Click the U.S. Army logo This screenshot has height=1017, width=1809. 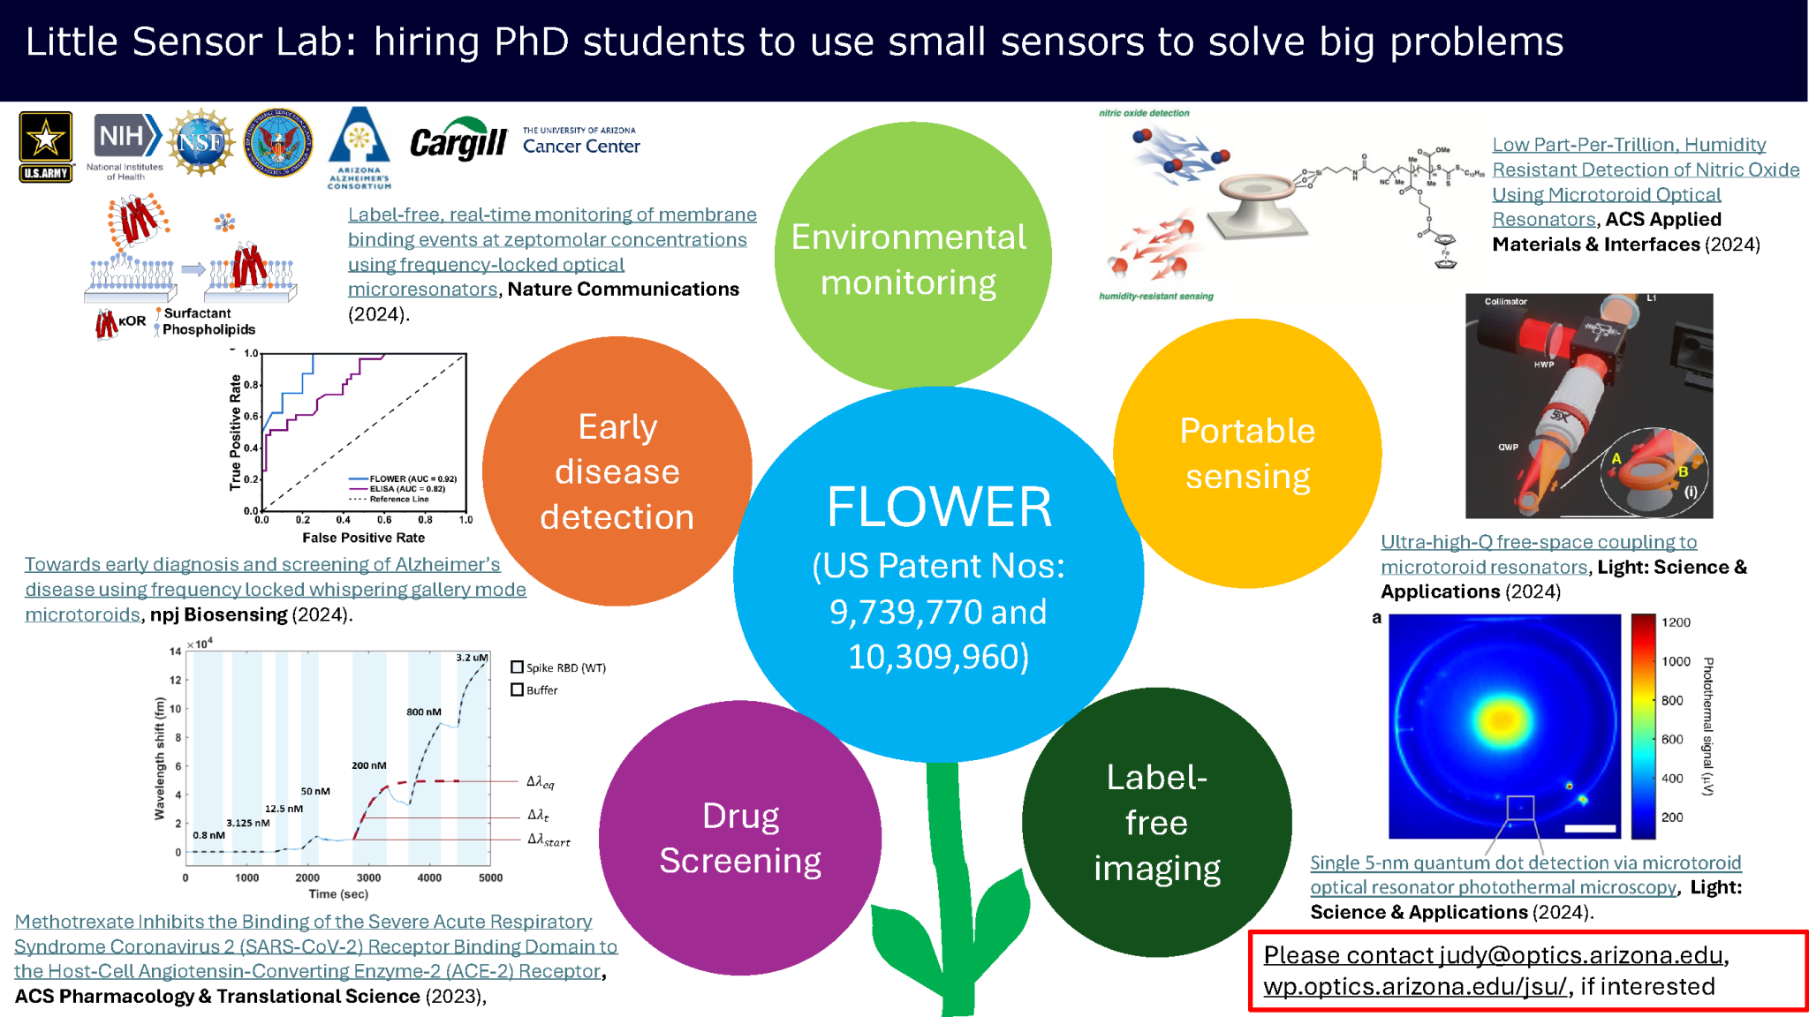46,147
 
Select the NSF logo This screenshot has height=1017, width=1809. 201,142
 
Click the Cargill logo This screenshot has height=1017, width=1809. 458,141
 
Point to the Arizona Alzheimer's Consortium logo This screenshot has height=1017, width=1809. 359,147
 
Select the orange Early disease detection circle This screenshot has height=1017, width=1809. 617,471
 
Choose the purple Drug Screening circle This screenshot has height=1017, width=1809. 740,838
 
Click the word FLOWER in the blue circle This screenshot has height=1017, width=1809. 939,507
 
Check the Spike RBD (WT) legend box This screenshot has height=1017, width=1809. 518,667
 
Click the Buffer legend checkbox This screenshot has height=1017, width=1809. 518,689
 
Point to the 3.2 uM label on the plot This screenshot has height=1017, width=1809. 472,658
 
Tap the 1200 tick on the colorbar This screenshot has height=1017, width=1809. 1676,622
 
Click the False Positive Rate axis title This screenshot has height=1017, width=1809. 363,538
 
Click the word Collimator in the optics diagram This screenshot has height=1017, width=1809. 1505,302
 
